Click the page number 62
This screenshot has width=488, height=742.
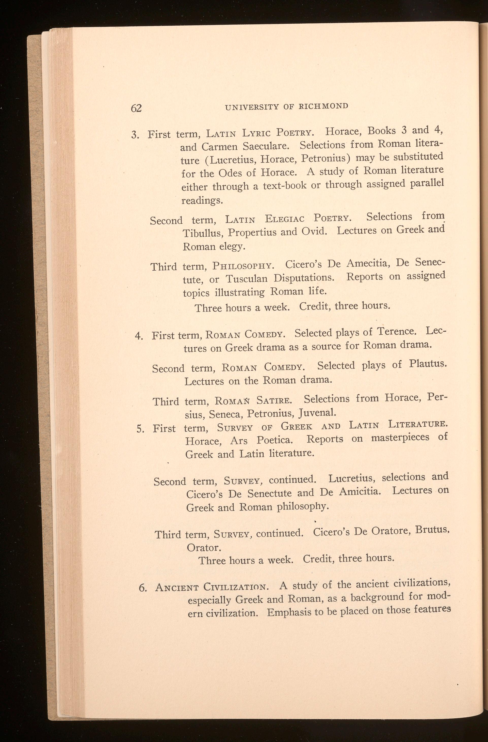136,108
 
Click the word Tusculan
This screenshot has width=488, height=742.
246,279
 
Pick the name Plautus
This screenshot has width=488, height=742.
428,364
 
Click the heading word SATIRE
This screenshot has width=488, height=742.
274,399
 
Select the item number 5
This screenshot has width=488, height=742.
140,429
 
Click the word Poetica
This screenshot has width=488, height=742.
275,440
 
